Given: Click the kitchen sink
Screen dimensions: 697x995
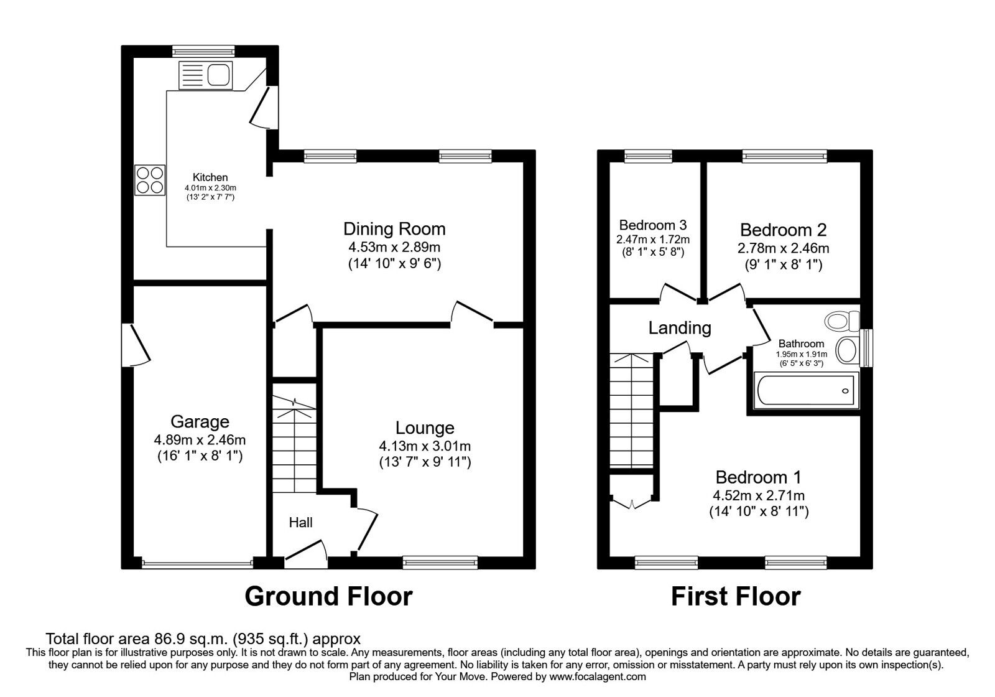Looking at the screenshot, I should click(205, 75).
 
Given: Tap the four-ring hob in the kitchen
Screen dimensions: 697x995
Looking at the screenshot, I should click(150, 180).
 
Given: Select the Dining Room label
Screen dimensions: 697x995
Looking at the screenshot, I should click(395, 228).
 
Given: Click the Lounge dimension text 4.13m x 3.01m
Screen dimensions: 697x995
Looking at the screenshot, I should click(425, 446).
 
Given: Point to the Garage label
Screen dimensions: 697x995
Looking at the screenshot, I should click(200, 421).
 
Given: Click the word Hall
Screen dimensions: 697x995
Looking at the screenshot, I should click(300, 522).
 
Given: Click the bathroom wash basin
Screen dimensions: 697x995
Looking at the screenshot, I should click(846, 350).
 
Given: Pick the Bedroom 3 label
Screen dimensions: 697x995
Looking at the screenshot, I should click(653, 225).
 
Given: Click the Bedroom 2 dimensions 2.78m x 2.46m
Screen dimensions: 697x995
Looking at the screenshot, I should click(783, 248).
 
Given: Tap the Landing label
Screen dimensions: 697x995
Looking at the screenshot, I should click(680, 327).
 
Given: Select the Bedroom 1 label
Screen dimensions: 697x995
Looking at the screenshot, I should click(758, 477).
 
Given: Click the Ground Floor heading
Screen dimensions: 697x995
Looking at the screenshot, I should click(328, 596).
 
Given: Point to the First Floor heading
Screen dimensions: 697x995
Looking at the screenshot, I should click(736, 596).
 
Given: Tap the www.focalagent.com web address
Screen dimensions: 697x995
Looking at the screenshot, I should click(598, 676).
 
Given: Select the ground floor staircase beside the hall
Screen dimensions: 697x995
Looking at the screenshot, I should click(294, 445).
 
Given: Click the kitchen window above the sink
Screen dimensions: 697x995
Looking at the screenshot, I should click(203, 51).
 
